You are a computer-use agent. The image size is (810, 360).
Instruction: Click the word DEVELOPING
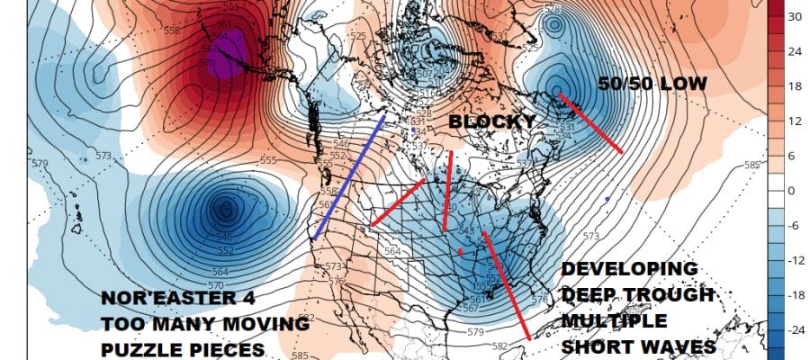tap(629, 269)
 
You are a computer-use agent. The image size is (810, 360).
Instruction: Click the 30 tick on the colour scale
tap(795, 16)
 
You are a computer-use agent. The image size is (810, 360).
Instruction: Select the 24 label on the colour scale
tap(795, 51)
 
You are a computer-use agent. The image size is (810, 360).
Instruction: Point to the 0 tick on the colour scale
tap(795, 190)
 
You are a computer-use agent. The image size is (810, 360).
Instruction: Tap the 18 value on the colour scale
tap(795, 86)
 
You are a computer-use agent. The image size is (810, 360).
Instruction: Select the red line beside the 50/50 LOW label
tap(590, 122)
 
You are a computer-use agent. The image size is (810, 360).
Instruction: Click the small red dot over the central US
tap(461, 252)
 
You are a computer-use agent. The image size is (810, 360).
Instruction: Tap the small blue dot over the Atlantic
tap(607, 198)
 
